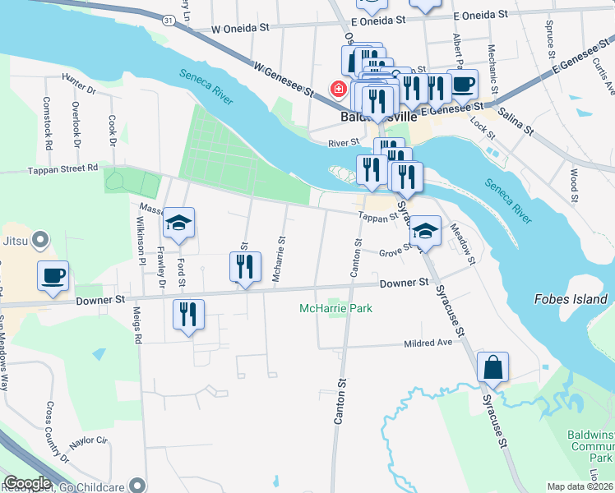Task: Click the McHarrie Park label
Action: click(336, 309)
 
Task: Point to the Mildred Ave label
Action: click(428, 343)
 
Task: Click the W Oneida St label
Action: click(240, 27)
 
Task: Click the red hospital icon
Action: click(337, 88)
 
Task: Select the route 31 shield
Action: click(167, 19)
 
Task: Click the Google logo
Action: click(27, 483)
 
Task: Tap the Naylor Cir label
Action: click(90, 441)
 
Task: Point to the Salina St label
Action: click(516, 125)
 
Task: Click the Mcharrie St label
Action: click(280, 259)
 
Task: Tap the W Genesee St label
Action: click(285, 78)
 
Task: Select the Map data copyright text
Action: click(580, 486)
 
